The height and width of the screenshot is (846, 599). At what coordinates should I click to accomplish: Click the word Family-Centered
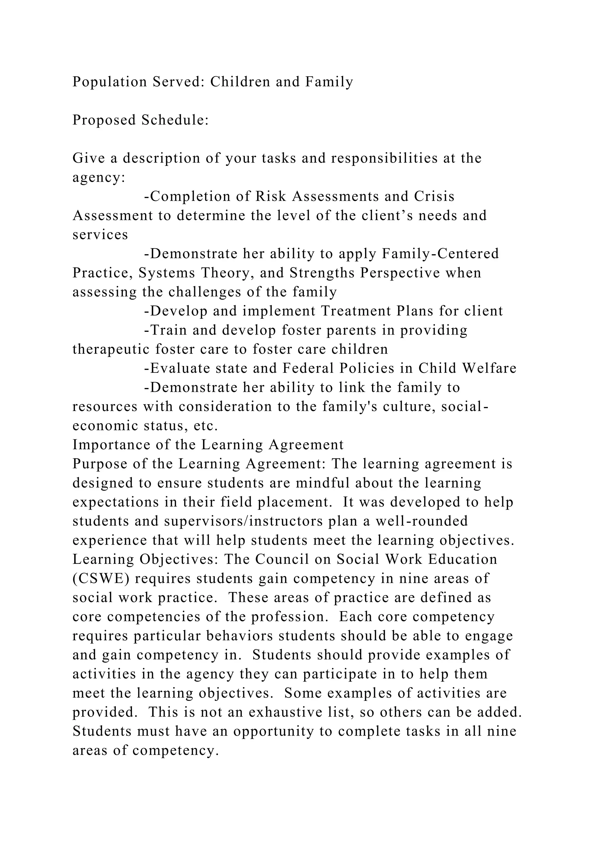click(440, 254)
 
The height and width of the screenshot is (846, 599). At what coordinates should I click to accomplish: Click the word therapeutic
click(111, 349)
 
